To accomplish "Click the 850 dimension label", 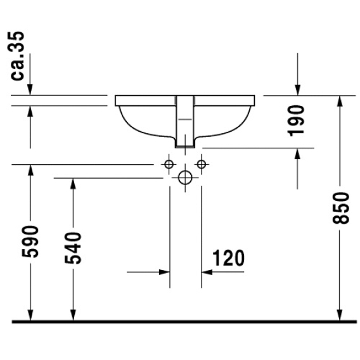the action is click(x=341, y=208).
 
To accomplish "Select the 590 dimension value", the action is click(x=30, y=241).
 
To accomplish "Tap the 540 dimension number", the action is click(x=73, y=248).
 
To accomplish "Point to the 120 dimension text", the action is click(x=228, y=258).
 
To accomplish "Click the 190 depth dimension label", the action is click(x=296, y=121).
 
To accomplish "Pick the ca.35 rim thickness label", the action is click(x=17, y=56).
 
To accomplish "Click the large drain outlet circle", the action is click(x=185, y=177).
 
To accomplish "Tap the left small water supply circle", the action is click(x=169, y=164).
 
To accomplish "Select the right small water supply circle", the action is click(x=202, y=164).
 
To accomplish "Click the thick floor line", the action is click(x=184, y=322).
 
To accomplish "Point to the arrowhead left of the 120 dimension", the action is click(x=164, y=273).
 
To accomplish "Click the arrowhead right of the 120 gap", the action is click(x=207, y=273).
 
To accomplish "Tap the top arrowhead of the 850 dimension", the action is click(x=340, y=101).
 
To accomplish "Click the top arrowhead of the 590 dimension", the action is click(x=30, y=170).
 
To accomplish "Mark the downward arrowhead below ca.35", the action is click(x=30, y=89).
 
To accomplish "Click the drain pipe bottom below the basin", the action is click(x=185, y=147).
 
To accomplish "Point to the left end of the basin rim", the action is click(x=115, y=101).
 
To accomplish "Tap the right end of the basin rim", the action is click(x=254, y=101).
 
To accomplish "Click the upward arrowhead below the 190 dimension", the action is click(x=297, y=154).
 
